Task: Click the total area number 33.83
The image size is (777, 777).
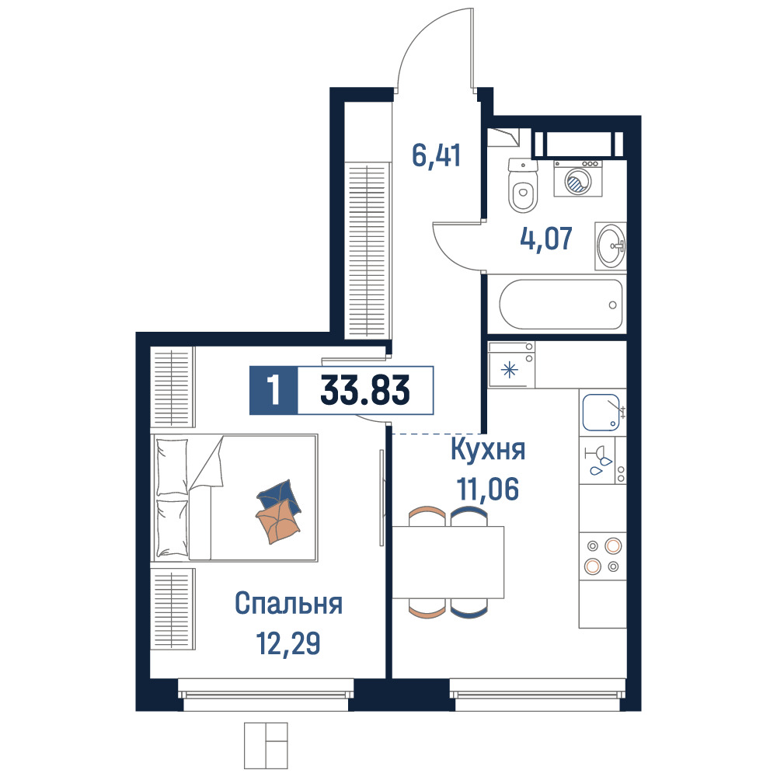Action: [x=365, y=390]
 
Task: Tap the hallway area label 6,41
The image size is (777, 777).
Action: [x=437, y=155]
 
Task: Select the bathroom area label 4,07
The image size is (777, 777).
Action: [x=546, y=239]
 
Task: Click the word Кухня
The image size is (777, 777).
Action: [x=488, y=450]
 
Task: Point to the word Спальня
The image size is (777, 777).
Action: [x=288, y=604]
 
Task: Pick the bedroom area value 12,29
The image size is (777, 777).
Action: [x=288, y=643]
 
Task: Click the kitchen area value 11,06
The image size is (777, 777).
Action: [x=488, y=489]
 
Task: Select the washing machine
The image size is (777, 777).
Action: [x=578, y=179]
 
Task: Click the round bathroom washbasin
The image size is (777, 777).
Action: [x=611, y=246]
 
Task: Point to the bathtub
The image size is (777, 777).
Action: [x=560, y=305]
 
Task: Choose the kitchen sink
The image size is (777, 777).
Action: [x=602, y=413]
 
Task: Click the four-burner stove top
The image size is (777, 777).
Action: [x=603, y=556]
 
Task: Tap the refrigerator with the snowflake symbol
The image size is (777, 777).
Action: [x=511, y=364]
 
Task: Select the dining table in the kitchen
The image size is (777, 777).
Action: [x=448, y=562]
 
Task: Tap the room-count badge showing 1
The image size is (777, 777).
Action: [x=274, y=390]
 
